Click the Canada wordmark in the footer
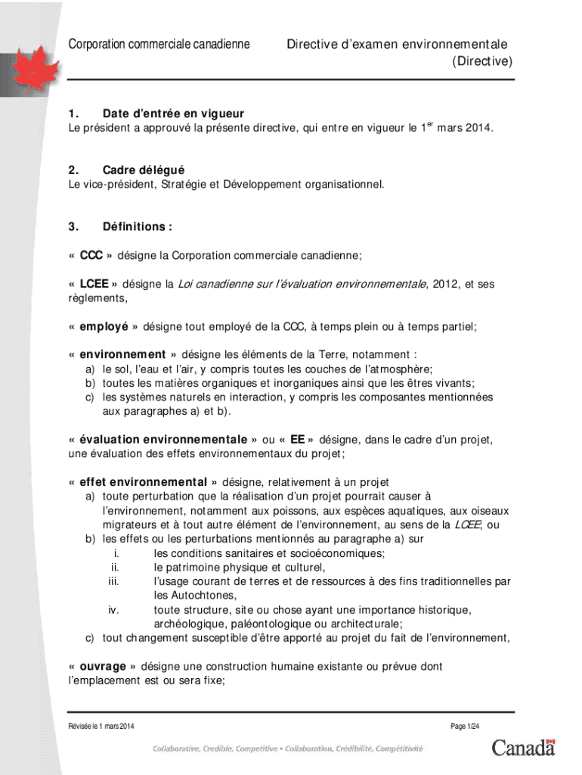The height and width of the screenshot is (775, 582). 523,748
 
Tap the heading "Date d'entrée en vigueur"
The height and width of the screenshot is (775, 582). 173,114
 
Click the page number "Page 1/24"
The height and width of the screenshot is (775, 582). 465,727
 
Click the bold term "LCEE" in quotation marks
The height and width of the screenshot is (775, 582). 94,285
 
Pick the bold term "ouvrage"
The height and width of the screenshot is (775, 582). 103,667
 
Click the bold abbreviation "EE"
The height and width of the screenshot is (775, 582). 297,439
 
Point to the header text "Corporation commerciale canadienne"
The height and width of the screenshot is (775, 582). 159,45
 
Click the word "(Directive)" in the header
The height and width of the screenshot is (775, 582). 482,61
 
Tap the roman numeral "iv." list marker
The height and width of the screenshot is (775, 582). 113,610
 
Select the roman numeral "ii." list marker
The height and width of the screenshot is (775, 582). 115,567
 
